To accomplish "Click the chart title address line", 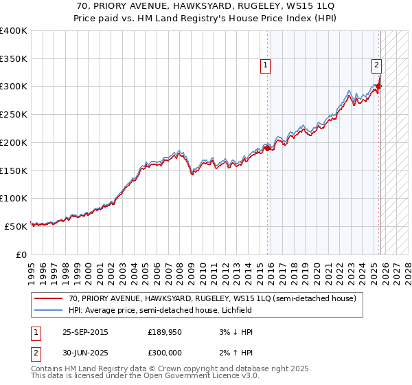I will [x=206, y=6].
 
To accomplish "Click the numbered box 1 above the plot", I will [x=266, y=65].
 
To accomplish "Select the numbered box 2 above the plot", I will [x=377, y=65].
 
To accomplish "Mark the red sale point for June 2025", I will [x=379, y=87].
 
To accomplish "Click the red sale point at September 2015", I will [x=267, y=148].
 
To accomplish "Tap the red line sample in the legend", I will [x=49, y=299].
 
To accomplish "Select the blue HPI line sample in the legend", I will [x=49, y=311].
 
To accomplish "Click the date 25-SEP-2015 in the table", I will [x=86, y=332].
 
